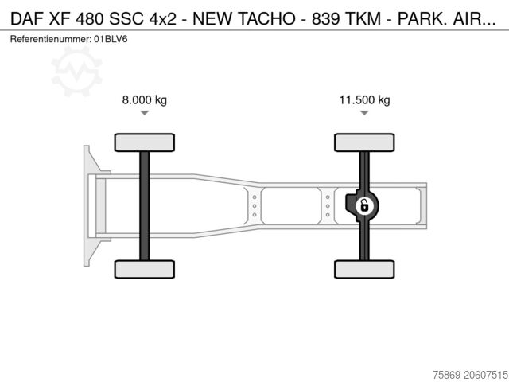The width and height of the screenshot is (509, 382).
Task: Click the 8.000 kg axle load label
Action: (x=144, y=100)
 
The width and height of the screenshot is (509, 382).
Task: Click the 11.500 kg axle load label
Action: (x=364, y=100)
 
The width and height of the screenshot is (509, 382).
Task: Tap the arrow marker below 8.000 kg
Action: (x=144, y=114)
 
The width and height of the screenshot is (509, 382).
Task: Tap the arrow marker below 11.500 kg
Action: (x=364, y=114)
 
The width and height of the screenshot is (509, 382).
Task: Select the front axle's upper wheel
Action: (x=144, y=142)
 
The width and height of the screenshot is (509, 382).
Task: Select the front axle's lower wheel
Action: (x=144, y=269)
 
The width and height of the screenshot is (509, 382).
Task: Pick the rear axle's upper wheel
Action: (x=364, y=142)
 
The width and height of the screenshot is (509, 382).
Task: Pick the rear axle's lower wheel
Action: (x=364, y=269)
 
